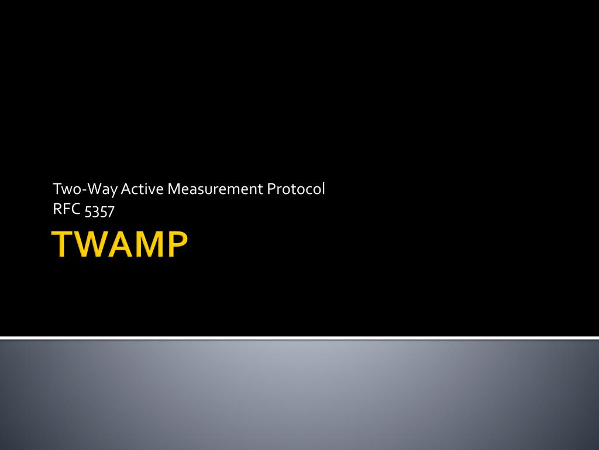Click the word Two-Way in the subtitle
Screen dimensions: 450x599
[85, 189]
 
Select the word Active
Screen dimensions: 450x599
[142, 189]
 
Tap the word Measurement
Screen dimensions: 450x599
[215, 189]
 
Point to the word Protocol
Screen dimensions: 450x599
[296, 189]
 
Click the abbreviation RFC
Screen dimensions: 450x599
[67, 209]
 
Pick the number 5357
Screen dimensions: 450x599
[99, 211]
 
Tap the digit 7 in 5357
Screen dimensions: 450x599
[111, 212]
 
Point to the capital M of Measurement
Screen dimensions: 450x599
[173, 189]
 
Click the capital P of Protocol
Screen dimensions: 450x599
[271, 189]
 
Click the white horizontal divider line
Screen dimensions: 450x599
[299, 338]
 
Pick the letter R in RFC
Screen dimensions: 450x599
[57, 209]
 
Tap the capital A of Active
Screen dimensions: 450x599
[126, 189]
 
